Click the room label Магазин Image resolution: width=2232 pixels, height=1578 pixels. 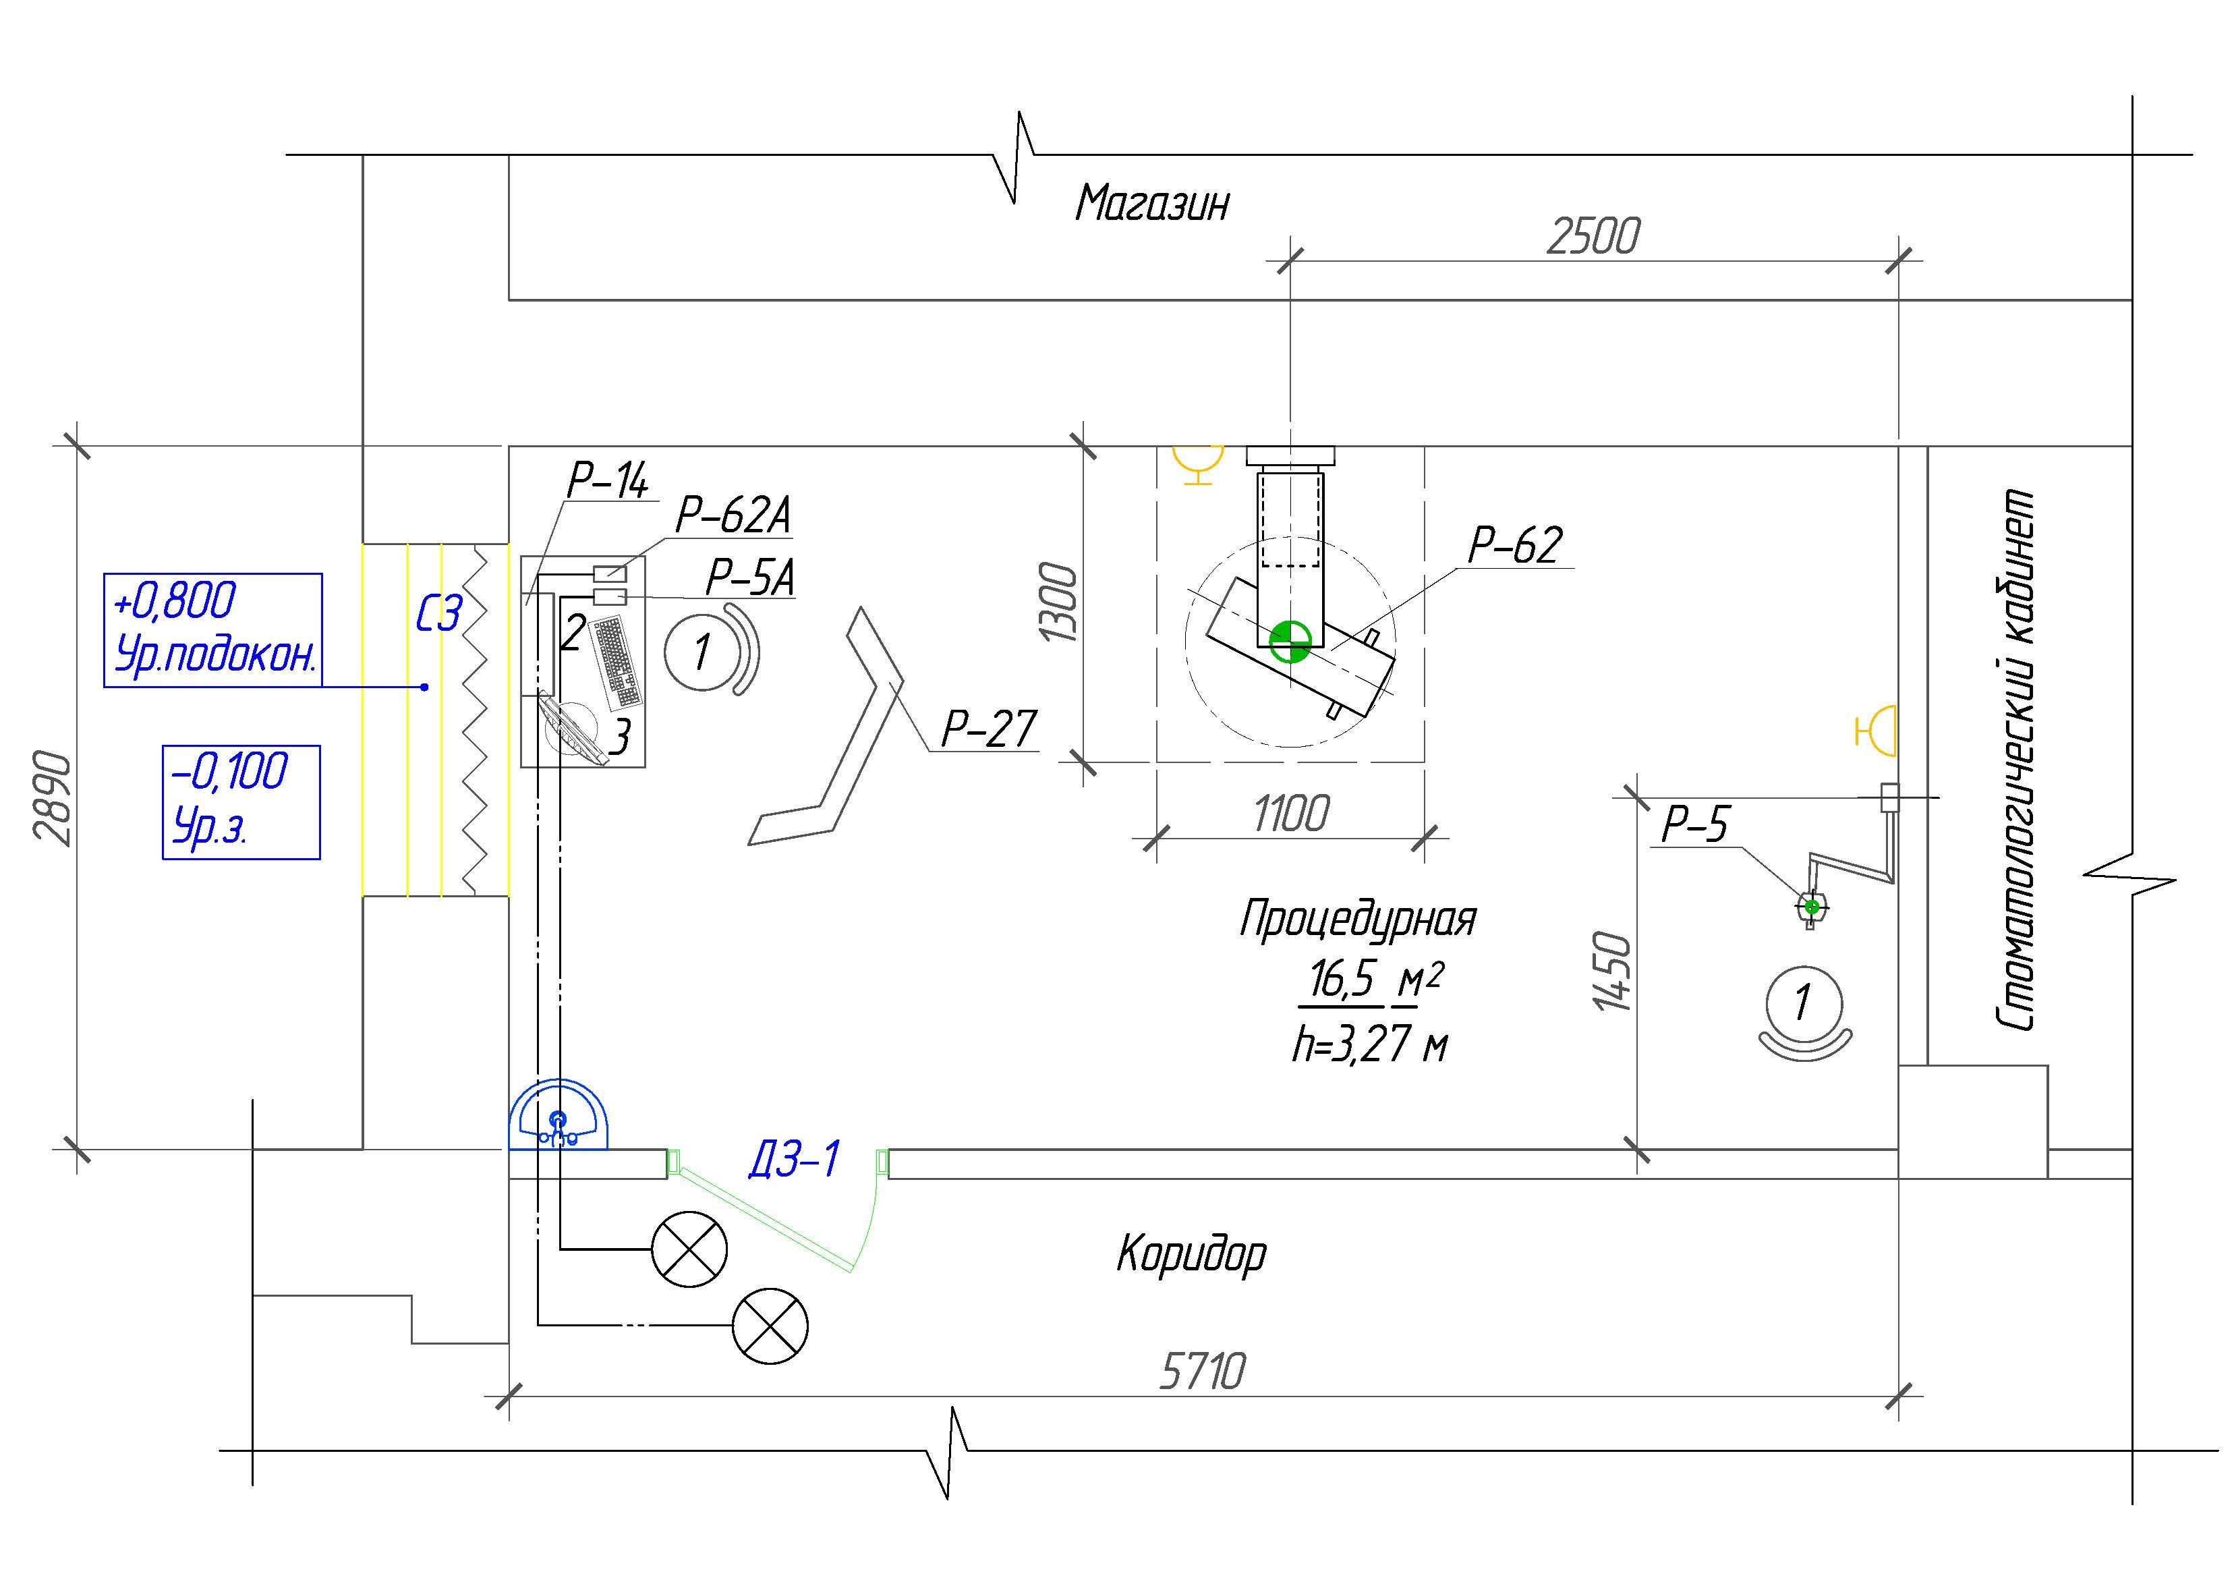[1152, 203]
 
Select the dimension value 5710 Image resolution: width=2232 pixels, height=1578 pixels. [1201, 1371]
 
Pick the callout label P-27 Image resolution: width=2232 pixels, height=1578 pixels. [989, 728]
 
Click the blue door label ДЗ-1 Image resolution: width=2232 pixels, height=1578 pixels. [793, 1159]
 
